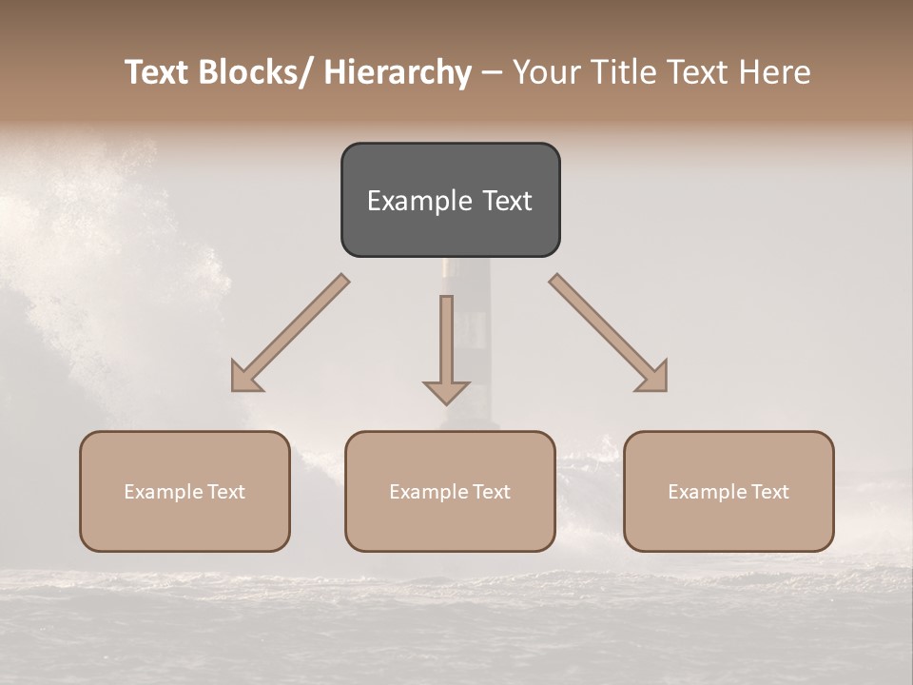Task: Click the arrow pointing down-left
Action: tap(290, 333)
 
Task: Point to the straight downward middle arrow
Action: tap(446, 342)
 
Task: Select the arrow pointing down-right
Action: tap(609, 333)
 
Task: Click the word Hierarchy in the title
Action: tap(398, 72)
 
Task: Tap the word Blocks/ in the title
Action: tap(251, 72)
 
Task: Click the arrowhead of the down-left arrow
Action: tap(245, 379)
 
